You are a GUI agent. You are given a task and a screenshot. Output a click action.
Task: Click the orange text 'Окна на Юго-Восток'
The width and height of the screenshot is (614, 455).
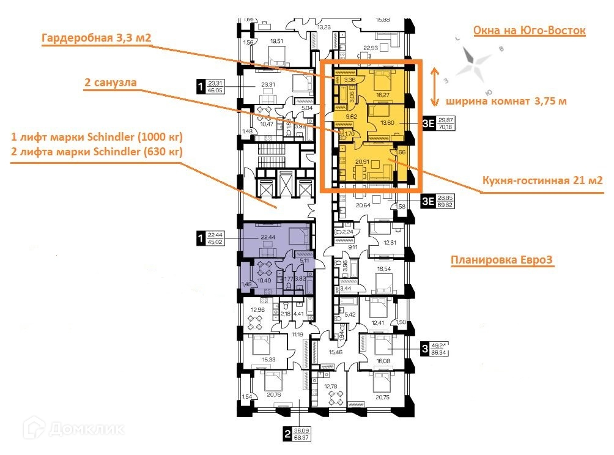pyautogui.click(x=530, y=31)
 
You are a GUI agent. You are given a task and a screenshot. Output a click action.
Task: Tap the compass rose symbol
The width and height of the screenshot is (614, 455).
pyautogui.click(x=476, y=60)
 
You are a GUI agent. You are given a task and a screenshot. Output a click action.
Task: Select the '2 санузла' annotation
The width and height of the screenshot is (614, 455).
pyautogui.click(x=110, y=81)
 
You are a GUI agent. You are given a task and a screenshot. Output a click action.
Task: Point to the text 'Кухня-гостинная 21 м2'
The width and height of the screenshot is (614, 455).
pyautogui.click(x=542, y=180)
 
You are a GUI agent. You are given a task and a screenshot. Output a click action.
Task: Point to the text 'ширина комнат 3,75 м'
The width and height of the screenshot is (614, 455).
pyautogui.click(x=506, y=101)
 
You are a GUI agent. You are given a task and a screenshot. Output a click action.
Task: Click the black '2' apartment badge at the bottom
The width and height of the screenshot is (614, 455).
pyautogui.click(x=287, y=436)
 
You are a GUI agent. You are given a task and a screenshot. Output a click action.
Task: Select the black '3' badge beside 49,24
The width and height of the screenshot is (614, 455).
pyautogui.click(x=425, y=349)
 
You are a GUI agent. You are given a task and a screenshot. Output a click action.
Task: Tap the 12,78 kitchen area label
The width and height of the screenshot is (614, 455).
pyautogui.click(x=331, y=386)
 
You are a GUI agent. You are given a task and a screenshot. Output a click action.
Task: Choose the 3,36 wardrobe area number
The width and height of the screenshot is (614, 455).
pyautogui.click(x=350, y=80)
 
